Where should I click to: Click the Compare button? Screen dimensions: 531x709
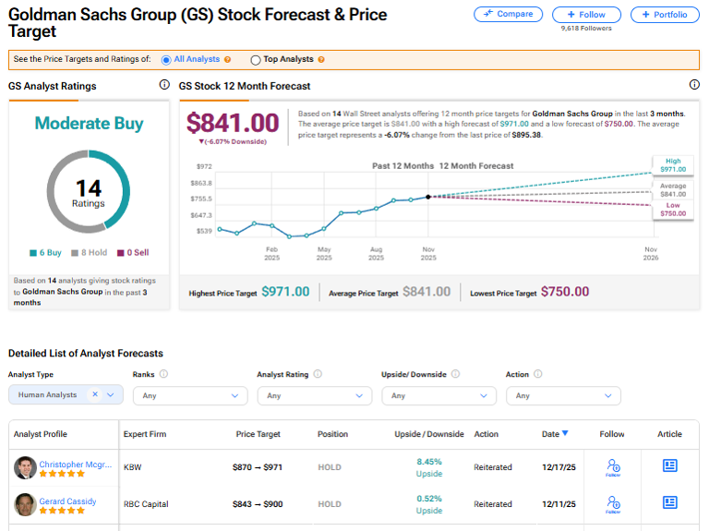(508, 15)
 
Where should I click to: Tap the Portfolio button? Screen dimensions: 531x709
(665, 15)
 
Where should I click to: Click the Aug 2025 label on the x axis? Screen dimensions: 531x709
(376, 253)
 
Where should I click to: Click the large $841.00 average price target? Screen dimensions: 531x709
(233, 123)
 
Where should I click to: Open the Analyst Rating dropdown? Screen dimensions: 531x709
(314, 395)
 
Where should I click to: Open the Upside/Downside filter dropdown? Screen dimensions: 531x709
(439, 395)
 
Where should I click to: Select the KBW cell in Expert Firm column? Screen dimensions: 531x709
(134, 467)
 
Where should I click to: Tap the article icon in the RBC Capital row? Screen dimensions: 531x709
(670, 503)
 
